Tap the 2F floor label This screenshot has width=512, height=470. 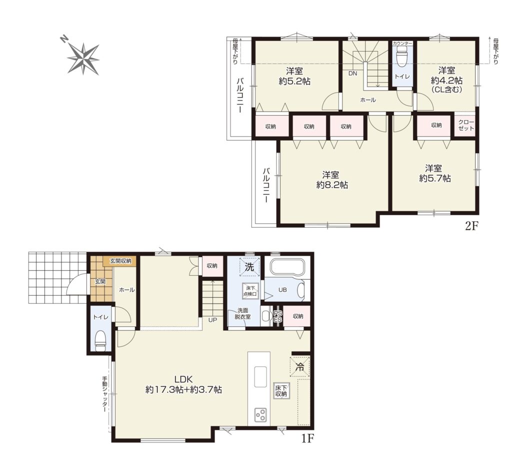click(471, 226)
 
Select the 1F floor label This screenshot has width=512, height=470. click(307, 438)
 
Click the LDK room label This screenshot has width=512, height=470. click(184, 379)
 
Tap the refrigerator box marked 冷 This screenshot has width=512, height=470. click(299, 367)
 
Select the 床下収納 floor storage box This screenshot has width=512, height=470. click(281, 390)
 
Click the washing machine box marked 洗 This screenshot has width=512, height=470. click(249, 267)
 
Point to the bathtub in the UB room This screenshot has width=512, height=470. click(287, 267)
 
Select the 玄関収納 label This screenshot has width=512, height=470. click(120, 261)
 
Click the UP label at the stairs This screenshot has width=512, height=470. click(212, 320)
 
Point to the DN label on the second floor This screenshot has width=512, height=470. click(352, 74)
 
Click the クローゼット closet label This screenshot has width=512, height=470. click(466, 126)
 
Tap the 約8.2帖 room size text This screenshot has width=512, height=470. click(332, 185)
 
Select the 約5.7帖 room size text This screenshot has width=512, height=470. click(435, 178)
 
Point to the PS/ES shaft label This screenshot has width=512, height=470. click(277, 316)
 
